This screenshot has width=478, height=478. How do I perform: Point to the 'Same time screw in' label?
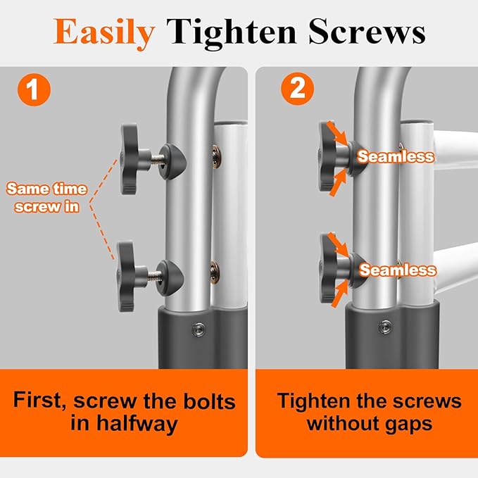click(47, 198)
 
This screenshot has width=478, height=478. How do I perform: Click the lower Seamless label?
click(398, 270)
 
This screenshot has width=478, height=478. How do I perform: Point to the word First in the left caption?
click(44, 401)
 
